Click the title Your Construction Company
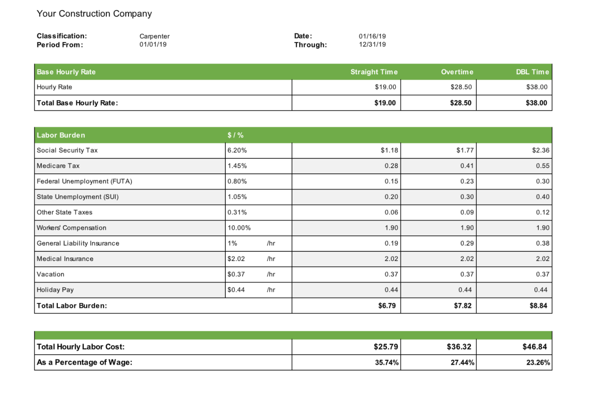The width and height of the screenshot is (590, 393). point(94,14)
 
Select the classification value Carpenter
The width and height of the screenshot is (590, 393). point(154,36)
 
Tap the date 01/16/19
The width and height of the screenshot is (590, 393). point(372,36)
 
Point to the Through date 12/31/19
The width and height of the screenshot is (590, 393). point(372,45)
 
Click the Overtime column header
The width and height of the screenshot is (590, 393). point(457,72)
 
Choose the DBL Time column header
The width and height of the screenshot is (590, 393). point(532,72)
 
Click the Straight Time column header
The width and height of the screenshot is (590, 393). point(374,72)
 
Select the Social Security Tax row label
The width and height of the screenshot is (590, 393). point(67,150)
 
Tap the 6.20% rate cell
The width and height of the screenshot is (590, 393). point(237,150)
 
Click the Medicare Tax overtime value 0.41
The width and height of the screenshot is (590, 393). point(467,166)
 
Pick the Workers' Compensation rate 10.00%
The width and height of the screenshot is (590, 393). point(239,228)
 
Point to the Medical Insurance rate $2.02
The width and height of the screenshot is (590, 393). point(236,259)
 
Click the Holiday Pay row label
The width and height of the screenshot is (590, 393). point(55,290)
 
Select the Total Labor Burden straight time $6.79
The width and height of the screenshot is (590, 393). point(387,306)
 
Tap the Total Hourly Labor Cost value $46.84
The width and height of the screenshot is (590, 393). point(535,347)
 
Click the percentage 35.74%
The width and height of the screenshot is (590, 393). point(387,362)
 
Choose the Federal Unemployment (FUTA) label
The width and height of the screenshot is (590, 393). point(84,181)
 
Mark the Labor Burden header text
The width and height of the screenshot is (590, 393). point(61,135)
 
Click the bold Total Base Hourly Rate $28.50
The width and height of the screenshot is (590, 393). point(461,103)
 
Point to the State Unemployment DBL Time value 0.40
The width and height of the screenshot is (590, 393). point(543,197)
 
